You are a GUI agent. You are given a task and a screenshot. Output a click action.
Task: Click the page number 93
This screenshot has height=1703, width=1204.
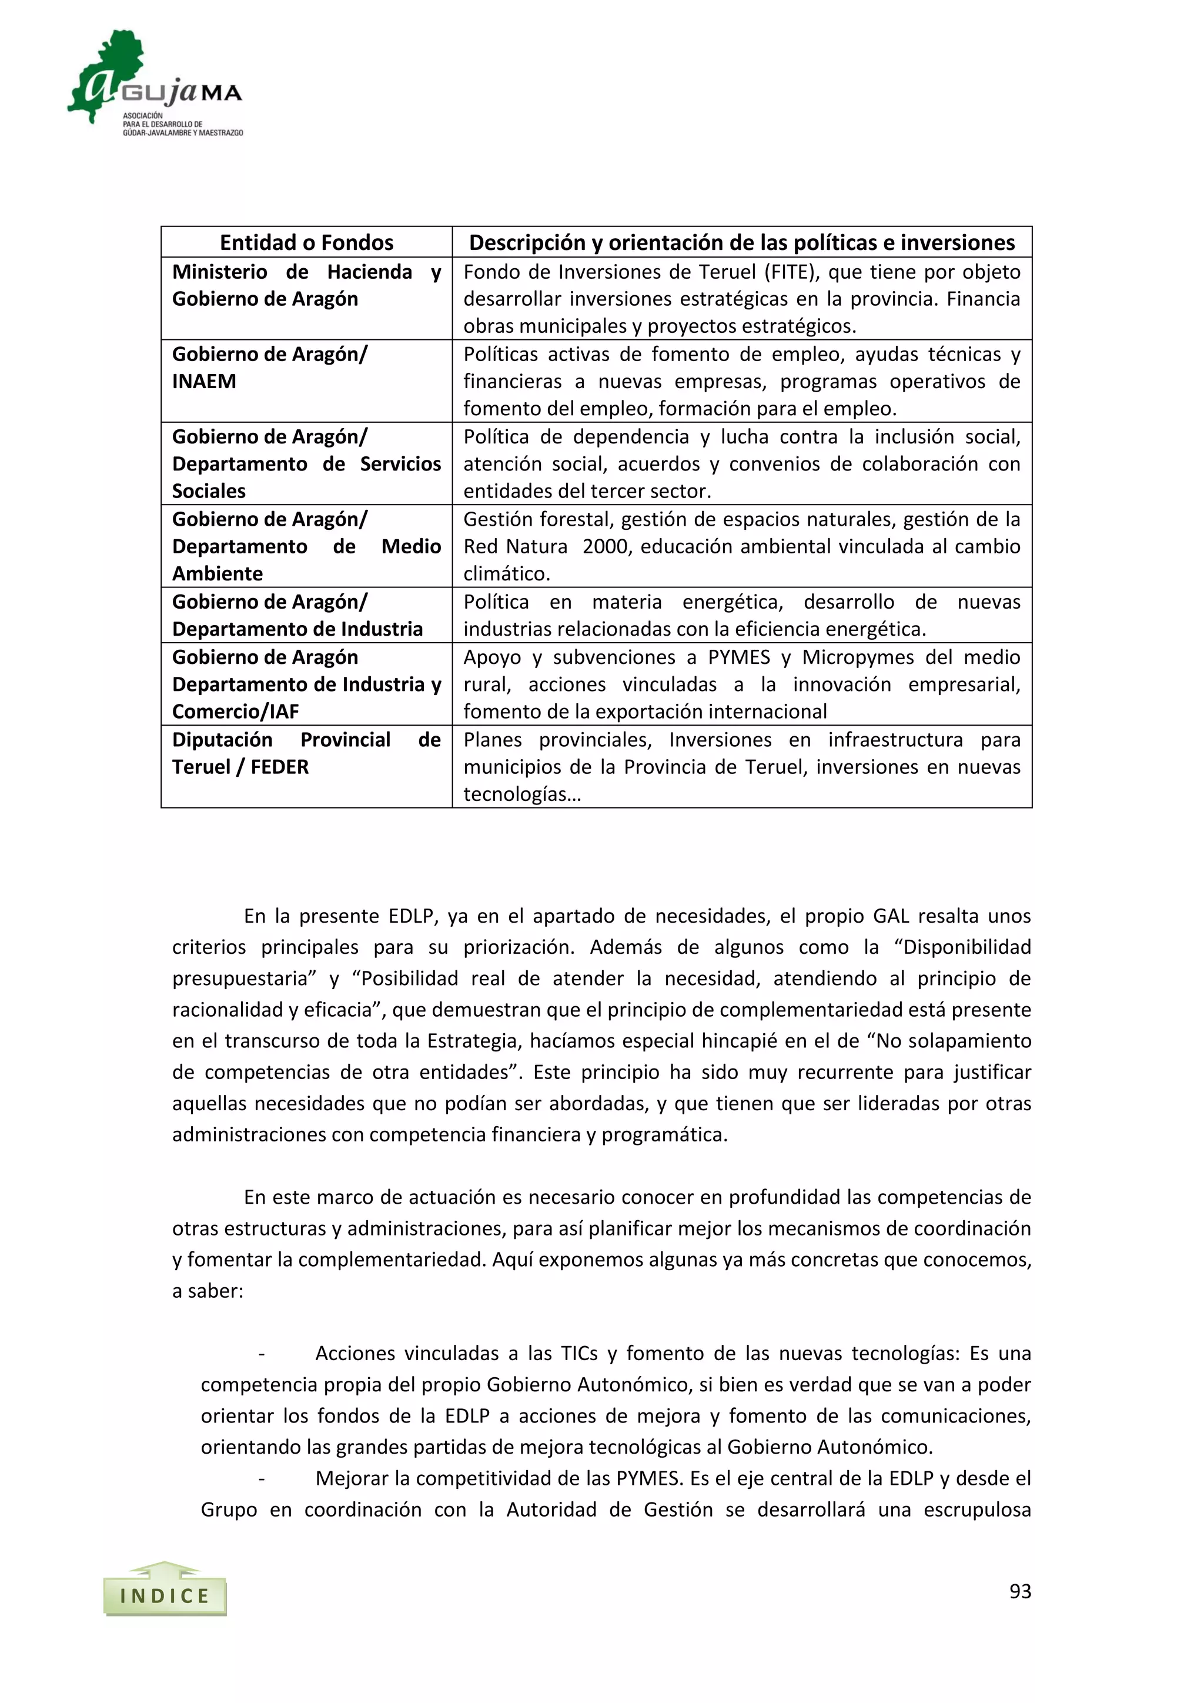pyautogui.click(x=1020, y=1591)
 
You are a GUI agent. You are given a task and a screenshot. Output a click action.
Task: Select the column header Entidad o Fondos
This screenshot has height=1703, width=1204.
pyautogui.click(x=306, y=242)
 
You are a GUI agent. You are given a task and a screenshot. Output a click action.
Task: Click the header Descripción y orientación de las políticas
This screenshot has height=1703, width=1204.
pyautogui.click(x=741, y=242)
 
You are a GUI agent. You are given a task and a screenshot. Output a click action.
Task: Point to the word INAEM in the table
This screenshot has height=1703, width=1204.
pyautogui.click(x=204, y=381)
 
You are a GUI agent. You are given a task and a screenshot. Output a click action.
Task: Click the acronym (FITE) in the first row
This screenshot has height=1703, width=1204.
pyautogui.click(x=791, y=272)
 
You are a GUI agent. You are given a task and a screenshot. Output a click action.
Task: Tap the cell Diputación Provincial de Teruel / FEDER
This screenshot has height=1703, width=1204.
pyautogui.click(x=306, y=754)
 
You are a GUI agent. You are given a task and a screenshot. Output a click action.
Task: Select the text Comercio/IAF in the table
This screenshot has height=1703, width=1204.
pyautogui.click(x=235, y=712)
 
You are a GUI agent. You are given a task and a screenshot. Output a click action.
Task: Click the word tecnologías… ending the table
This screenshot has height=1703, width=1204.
pyautogui.click(x=522, y=794)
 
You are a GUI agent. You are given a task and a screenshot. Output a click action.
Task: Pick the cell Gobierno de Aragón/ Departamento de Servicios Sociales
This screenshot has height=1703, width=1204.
pyautogui.click(x=306, y=463)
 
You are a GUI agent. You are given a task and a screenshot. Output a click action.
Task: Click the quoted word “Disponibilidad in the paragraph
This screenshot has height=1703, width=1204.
pyautogui.click(x=963, y=947)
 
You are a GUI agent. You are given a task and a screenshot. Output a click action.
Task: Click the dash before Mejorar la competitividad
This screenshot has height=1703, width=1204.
pyautogui.click(x=262, y=1478)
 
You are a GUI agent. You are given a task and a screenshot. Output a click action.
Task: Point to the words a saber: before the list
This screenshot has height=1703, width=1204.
pyautogui.click(x=208, y=1291)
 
